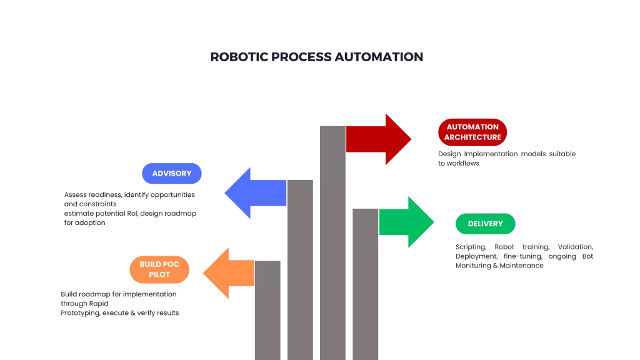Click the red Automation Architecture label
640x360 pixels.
472,132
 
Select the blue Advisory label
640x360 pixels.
172,173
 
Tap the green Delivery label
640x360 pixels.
485,224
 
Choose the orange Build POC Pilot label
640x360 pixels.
159,269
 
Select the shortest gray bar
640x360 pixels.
267,310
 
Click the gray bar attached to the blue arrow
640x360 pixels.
300,269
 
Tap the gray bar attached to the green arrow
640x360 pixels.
366,284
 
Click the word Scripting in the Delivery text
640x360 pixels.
470,247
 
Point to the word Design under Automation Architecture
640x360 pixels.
449,154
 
